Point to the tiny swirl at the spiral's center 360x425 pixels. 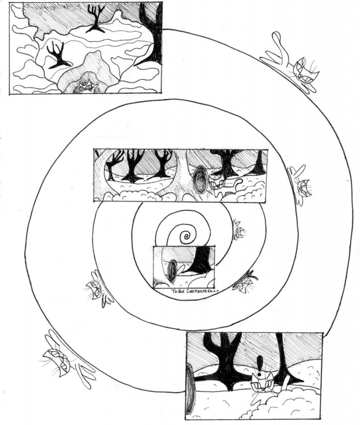click(x=187, y=237)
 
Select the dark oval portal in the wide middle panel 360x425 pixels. click(x=201, y=180)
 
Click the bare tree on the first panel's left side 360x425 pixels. click(x=57, y=56)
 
